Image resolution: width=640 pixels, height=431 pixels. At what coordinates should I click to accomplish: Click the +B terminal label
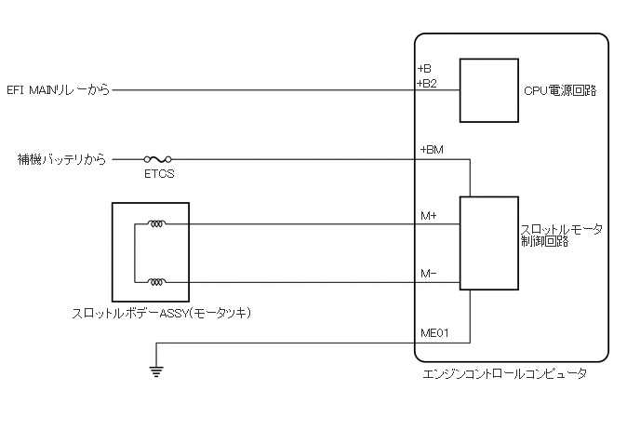pos(425,69)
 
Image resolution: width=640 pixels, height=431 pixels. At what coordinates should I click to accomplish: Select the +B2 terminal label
pos(427,83)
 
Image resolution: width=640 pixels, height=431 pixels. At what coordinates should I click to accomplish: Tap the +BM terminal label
pos(432,150)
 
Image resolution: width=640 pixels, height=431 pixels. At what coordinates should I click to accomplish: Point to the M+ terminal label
pos(429,216)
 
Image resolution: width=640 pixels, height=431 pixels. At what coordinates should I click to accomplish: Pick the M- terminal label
pos(429,275)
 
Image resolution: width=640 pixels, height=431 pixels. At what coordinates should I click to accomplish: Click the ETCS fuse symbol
pos(157,159)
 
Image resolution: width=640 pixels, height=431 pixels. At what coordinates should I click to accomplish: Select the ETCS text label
pos(157,174)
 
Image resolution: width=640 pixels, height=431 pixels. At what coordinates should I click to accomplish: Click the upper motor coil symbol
pos(156,224)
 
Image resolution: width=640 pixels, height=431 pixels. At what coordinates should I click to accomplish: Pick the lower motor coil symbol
pos(156,282)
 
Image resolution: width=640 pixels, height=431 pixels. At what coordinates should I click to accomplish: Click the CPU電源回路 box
pos(489,90)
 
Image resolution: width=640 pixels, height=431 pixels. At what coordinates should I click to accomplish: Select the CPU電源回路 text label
pos(560,91)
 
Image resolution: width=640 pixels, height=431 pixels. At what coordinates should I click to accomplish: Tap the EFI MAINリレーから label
pos(58,90)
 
